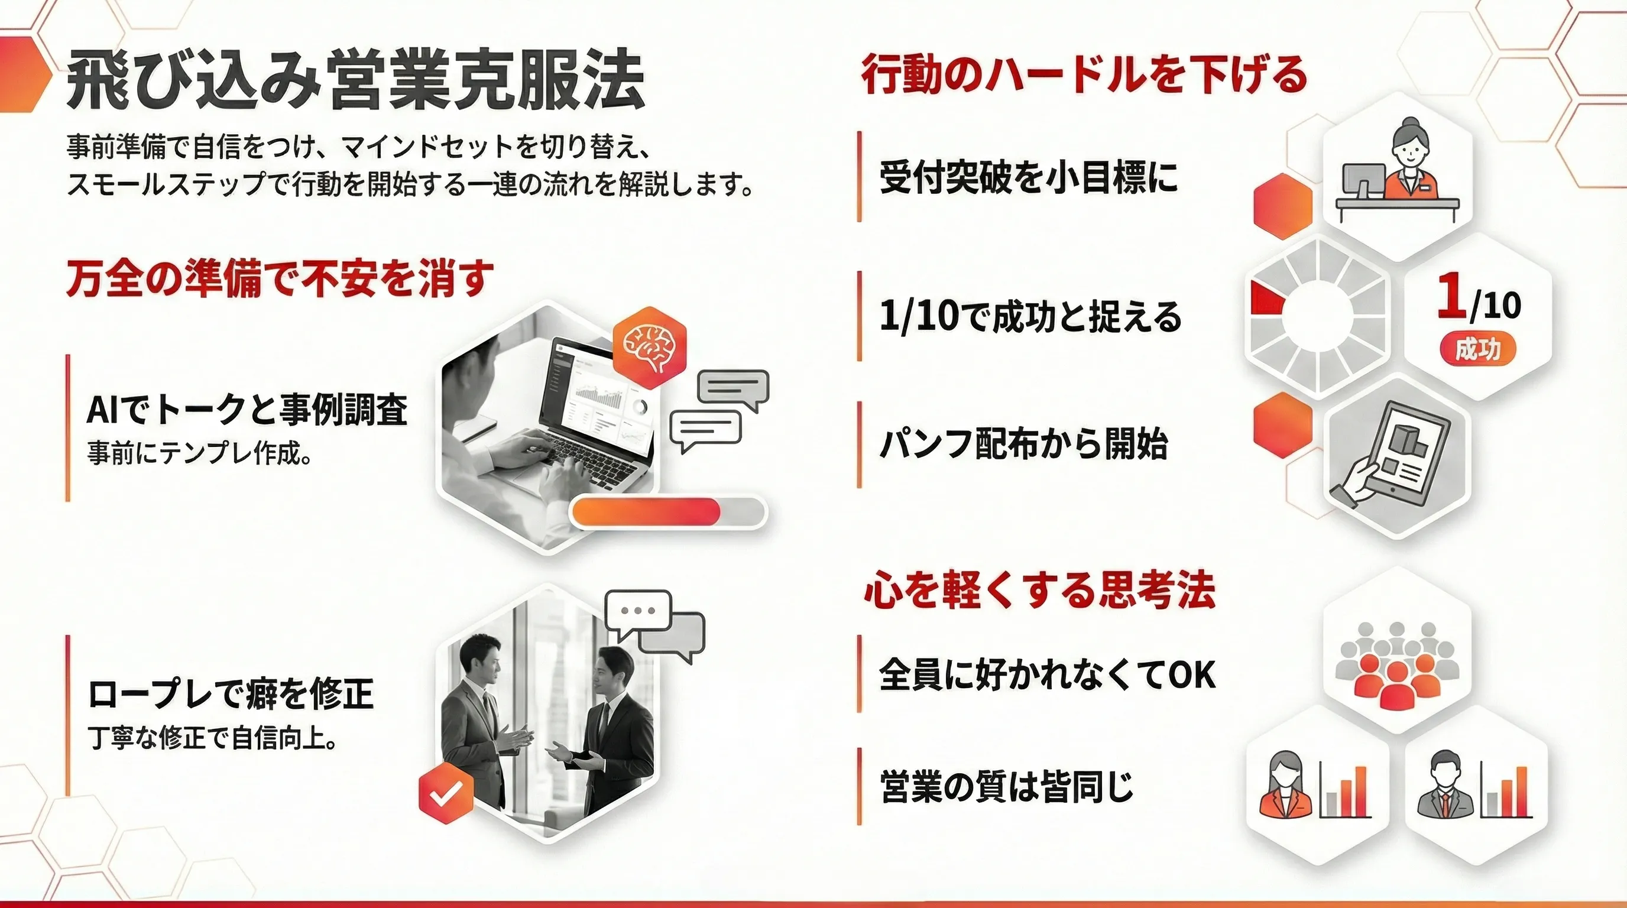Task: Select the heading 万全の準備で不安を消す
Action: [280, 278]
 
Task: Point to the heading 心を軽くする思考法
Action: [1039, 591]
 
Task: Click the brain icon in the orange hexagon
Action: [649, 346]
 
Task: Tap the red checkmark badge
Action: [446, 793]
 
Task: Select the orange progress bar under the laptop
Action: [647, 511]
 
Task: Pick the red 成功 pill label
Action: [1477, 349]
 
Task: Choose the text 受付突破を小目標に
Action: [1028, 177]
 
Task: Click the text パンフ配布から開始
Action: [1023, 444]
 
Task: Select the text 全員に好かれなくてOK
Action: [1046, 674]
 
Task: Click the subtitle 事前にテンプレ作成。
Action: [200, 453]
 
